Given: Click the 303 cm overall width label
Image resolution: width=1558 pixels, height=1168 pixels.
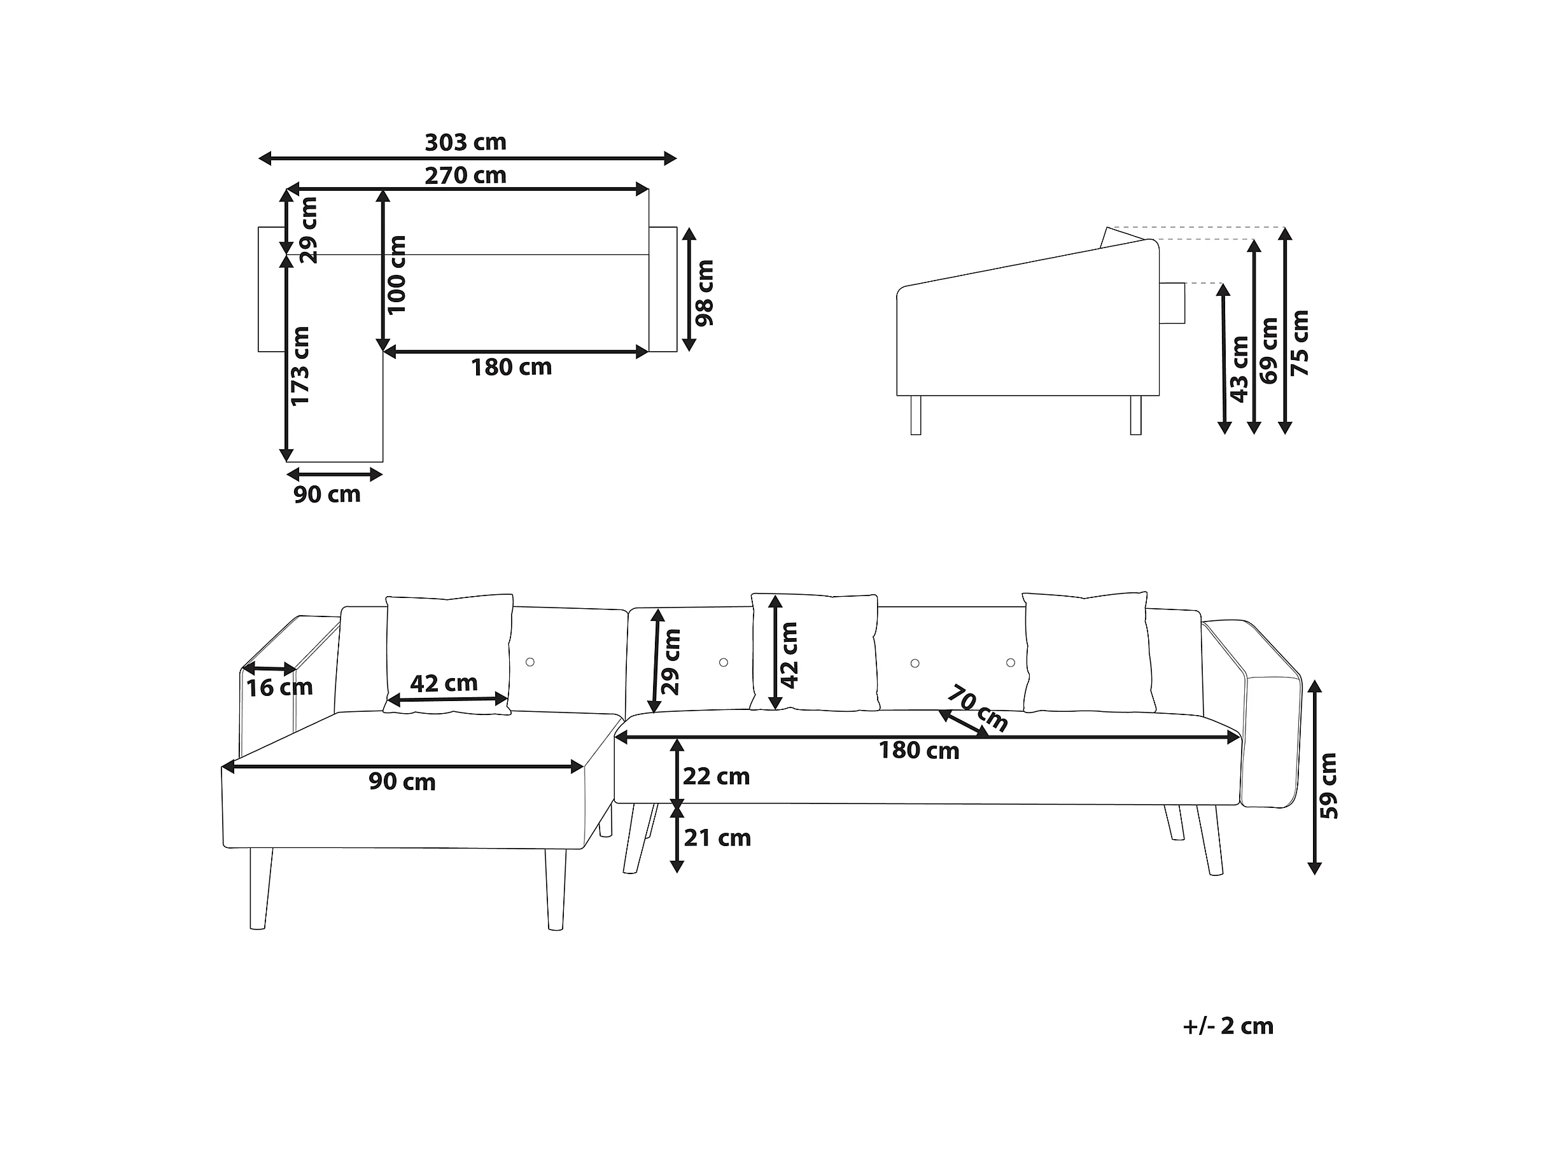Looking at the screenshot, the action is pyautogui.click(x=466, y=143).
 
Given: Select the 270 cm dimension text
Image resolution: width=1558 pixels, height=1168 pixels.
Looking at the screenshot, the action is pyautogui.click(x=466, y=176).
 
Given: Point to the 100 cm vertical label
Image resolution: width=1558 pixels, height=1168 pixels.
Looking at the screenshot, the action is pyautogui.click(x=397, y=275).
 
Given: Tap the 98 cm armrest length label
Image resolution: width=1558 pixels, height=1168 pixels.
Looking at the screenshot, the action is pyautogui.click(x=705, y=293).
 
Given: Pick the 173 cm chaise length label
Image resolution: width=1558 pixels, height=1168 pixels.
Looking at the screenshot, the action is pyautogui.click(x=300, y=366).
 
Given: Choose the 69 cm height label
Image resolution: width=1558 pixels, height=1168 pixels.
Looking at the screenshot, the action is pyautogui.click(x=1268, y=351).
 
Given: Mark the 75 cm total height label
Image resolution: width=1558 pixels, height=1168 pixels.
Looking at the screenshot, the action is pyautogui.click(x=1300, y=343).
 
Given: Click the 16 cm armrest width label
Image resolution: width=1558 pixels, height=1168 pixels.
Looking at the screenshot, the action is pyautogui.click(x=279, y=687).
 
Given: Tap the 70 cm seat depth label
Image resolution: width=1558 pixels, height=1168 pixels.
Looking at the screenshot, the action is pyautogui.click(x=977, y=708).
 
